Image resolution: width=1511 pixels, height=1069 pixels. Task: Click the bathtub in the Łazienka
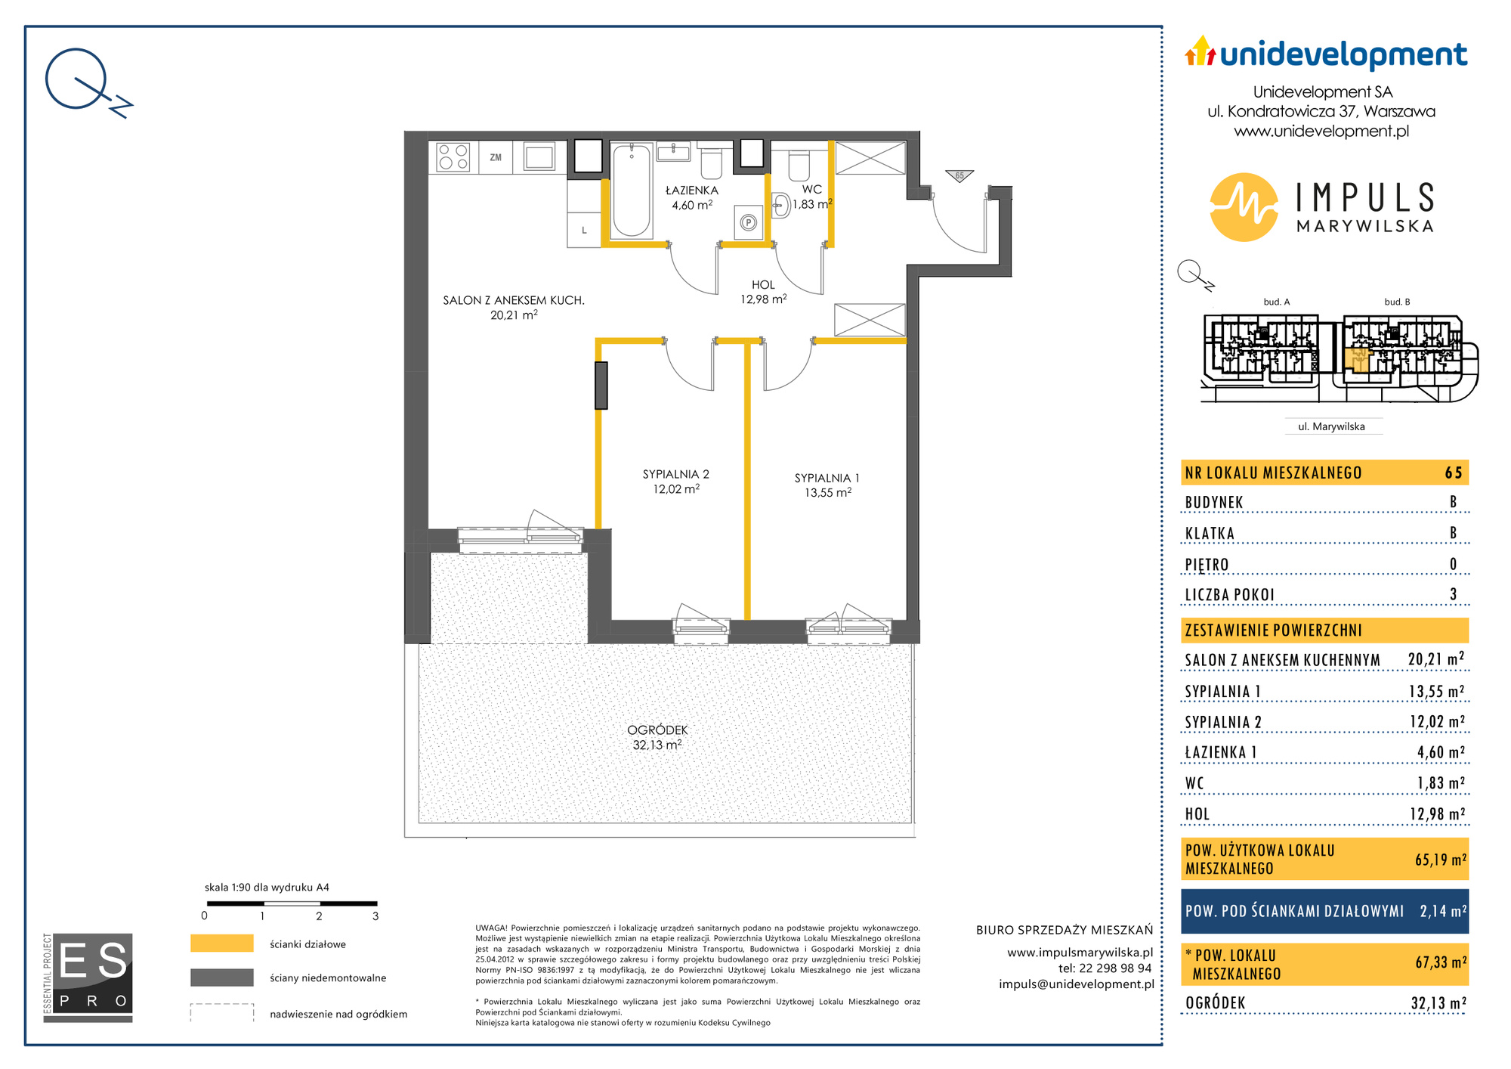[631, 191]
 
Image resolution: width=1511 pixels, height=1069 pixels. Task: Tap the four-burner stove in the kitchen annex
[453, 157]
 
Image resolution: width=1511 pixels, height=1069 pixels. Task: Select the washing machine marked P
[749, 222]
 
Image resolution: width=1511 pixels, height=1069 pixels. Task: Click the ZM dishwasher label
[496, 158]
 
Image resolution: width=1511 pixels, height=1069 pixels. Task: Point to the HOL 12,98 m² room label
[763, 292]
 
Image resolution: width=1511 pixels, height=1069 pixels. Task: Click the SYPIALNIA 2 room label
[676, 474]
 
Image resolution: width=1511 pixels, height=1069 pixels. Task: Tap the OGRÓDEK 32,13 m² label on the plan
[657, 737]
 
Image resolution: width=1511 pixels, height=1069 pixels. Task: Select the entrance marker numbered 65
[959, 175]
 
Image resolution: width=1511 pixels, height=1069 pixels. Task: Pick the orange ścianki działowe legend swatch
[221, 944]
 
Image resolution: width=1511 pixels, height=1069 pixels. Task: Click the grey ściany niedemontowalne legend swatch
[221, 978]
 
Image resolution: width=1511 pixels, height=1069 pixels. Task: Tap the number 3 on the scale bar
[375, 916]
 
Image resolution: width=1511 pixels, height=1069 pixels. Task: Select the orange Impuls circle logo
[1244, 207]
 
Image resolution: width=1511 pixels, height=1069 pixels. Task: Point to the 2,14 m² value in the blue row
[1443, 911]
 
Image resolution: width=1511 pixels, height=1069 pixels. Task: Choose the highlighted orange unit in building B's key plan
[1356, 359]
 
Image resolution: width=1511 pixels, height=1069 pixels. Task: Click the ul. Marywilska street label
[1331, 426]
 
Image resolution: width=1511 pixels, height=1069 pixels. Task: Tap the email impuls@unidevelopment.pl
[1076, 984]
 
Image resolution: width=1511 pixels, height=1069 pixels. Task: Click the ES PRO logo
[88, 978]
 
